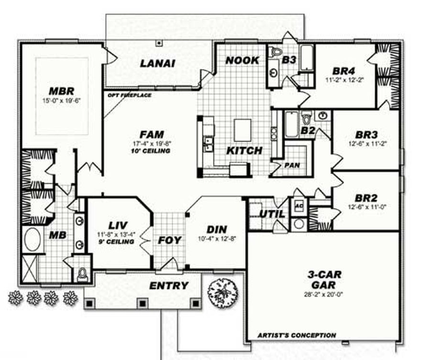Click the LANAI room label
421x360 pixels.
point(157,63)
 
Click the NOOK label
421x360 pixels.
point(242,60)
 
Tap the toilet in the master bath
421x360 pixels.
point(83,273)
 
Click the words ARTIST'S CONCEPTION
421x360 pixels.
point(297,335)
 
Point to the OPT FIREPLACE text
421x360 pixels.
point(130,95)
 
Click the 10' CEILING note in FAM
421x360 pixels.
point(152,151)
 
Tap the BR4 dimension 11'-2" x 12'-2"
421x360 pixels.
point(344,79)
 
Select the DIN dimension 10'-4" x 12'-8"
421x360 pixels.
point(217,238)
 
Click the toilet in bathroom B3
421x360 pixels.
point(276,52)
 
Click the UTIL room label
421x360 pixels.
point(272,214)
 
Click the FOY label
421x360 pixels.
point(170,239)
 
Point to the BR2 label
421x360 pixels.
point(366,197)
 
